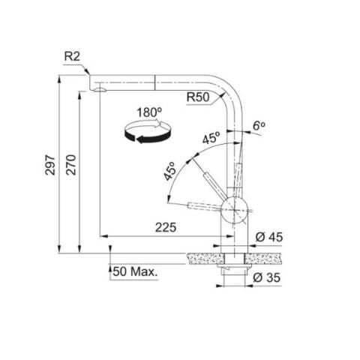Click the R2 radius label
[x=72, y=56]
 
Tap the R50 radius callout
[x=198, y=97]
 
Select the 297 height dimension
[x=50, y=165]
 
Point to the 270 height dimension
[x=71, y=165]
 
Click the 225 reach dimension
[x=166, y=227]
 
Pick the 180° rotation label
[x=149, y=112]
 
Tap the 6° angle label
[x=259, y=126]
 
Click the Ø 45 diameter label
[x=269, y=237]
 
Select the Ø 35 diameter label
[x=266, y=277]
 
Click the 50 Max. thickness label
[x=135, y=271]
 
